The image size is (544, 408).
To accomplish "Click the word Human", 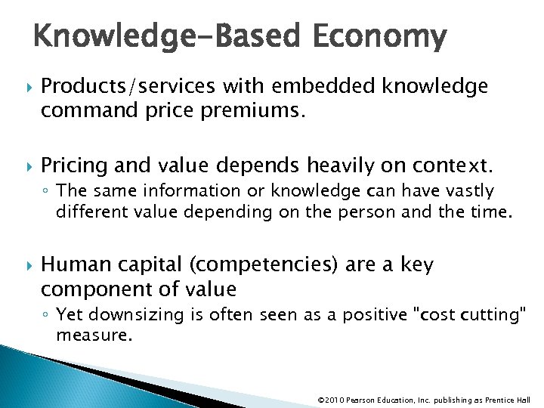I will pos(70,265).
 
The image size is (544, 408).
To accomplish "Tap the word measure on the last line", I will pos(94,335).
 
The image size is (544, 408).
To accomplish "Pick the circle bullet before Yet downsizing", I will pos(47,314).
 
